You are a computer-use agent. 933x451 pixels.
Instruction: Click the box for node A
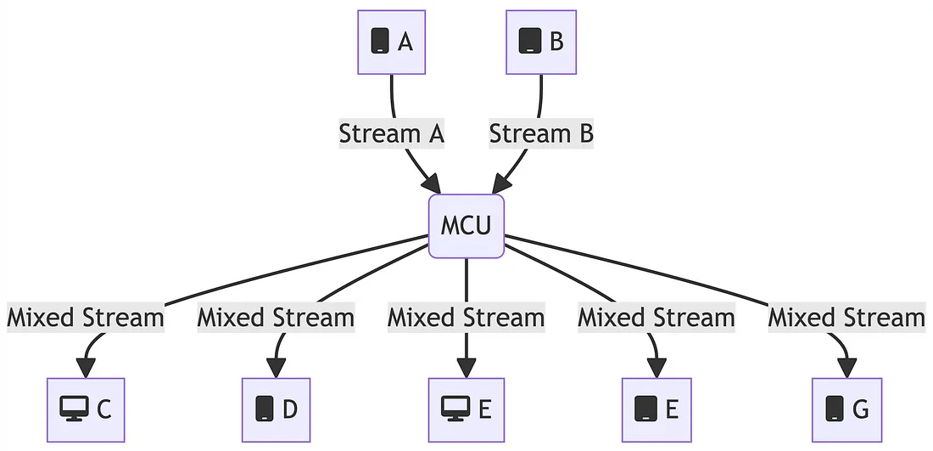391,42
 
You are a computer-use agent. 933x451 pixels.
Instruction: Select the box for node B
541,42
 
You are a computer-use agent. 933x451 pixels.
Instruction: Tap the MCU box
466,226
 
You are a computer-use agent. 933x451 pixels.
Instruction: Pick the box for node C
86,409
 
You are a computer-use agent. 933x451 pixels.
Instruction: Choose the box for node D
276,409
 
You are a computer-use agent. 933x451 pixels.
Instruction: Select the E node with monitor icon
466,409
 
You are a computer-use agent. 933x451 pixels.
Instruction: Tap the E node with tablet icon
656,409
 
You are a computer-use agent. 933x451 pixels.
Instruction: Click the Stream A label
392,133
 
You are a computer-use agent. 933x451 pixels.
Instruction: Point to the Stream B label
541,133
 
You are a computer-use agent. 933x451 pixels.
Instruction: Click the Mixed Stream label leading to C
86,318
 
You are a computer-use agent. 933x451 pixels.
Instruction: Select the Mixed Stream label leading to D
276,318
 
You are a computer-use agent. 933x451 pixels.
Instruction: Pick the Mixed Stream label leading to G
846,318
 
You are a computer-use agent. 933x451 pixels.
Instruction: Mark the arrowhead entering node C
86,368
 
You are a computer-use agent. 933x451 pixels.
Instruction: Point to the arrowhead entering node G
846,368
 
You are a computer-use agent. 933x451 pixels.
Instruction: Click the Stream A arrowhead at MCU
432,184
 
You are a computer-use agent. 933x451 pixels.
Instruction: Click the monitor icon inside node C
75,409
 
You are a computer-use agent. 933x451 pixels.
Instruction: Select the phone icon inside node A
381,41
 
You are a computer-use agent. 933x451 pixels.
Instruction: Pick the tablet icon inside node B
529,41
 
